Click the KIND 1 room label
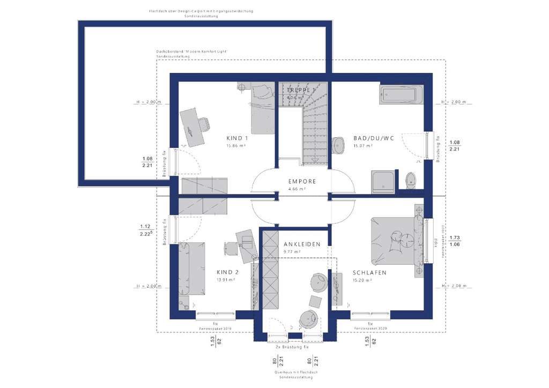click(236, 138)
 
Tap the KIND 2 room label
click(227, 272)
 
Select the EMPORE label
click(302, 182)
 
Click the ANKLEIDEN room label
click(302, 244)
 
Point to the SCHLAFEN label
click(369, 273)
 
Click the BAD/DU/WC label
click(373, 138)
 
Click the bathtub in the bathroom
click(400, 94)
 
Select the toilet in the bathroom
click(411, 180)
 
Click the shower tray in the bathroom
click(384, 180)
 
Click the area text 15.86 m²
click(236, 146)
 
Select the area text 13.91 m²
click(227, 280)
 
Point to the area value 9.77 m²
click(294, 252)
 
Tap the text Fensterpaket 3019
click(214, 329)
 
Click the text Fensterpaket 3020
click(369, 329)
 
